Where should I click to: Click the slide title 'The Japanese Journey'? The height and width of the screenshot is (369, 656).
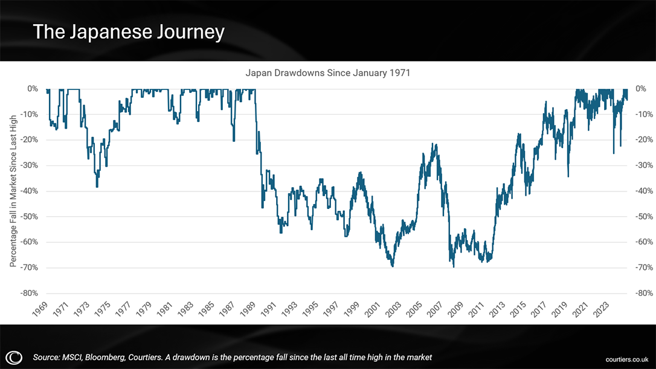(x=128, y=31)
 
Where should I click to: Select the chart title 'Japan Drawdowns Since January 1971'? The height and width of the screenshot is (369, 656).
(x=327, y=72)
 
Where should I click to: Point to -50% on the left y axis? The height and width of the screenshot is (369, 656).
(x=30, y=216)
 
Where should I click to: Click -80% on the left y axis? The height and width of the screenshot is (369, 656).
(x=30, y=294)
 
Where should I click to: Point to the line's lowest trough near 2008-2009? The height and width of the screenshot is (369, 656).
(x=453, y=266)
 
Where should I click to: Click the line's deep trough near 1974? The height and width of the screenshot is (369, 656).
(x=97, y=187)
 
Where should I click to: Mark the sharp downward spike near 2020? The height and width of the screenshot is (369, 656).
(x=568, y=176)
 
